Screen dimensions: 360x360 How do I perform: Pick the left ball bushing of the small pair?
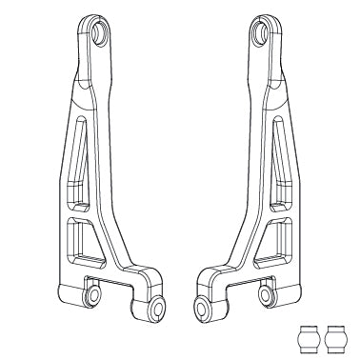[x=308, y=337]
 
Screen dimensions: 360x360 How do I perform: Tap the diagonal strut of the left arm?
[x=110, y=190]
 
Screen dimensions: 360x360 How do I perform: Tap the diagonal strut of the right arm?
[x=250, y=190]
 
